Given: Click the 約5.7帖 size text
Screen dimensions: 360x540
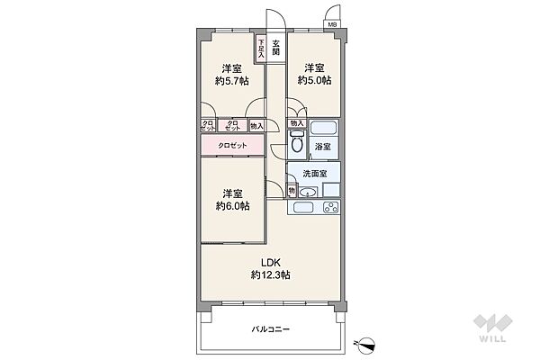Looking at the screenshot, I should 232,81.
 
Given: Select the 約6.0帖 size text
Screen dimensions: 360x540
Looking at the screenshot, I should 232,205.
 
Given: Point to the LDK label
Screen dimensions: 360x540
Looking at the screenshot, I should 271,262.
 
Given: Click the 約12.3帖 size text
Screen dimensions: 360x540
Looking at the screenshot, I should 271,274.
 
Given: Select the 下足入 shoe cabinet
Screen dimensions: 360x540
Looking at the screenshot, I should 261,48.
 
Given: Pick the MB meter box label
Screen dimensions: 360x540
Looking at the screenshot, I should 332,24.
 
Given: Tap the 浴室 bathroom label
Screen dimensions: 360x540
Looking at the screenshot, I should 322,145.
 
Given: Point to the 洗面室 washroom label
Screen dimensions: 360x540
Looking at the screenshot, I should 313,174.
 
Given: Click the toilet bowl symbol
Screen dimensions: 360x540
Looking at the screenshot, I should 297,142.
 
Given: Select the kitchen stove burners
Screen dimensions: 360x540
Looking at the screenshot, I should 328,207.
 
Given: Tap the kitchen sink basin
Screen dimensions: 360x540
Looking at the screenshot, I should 302,208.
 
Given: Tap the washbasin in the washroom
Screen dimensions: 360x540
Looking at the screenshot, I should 308,191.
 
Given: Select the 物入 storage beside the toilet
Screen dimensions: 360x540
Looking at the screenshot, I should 298,122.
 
